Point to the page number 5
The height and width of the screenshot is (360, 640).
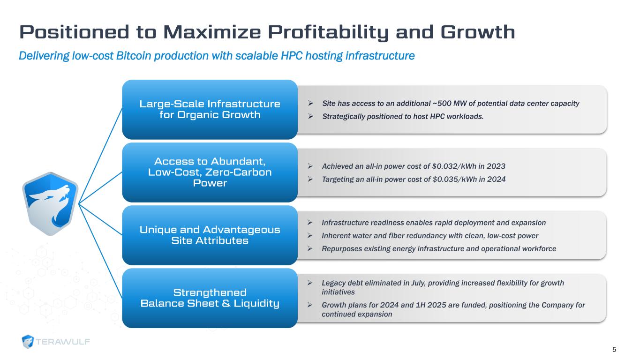pos(614,349)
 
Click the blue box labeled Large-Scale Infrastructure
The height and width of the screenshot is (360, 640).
pos(210,109)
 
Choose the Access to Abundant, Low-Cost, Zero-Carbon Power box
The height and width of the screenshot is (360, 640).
pos(210,172)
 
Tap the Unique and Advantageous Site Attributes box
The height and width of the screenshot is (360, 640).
pos(210,235)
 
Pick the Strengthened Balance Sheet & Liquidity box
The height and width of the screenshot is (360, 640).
pos(210,298)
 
